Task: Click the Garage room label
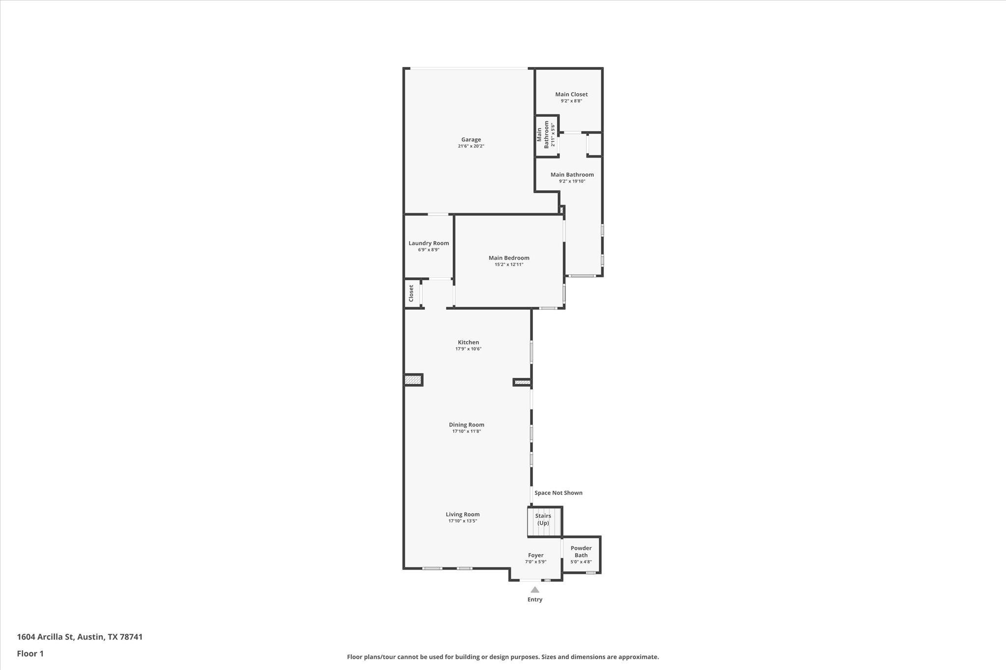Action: click(471, 139)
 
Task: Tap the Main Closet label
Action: click(571, 94)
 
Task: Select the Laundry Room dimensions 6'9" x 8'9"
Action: click(428, 250)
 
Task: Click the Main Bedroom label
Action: click(509, 258)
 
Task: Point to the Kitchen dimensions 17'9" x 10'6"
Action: click(468, 349)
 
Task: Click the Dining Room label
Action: click(466, 425)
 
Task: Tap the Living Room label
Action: click(462, 514)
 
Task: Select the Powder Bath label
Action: click(581, 552)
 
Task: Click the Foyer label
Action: click(535, 555)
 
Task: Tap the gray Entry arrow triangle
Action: click(535, 590)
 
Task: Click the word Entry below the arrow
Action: click(535, 599)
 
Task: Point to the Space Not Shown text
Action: click(558, 493)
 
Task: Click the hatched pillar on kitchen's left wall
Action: click(413, 379)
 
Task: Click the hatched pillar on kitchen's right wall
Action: click(522, 382)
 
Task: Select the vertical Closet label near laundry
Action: click(411, 294)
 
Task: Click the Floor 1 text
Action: click(30, 653)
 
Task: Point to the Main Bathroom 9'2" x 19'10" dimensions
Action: click(572, 181)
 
